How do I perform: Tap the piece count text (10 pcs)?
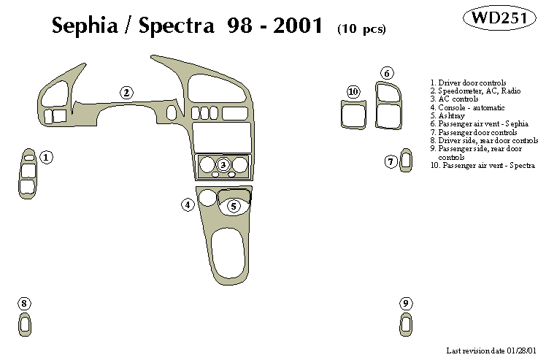click(361, 29)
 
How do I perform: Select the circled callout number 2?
click(126, 93)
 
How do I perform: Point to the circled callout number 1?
click(47, 157)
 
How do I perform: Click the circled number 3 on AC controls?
click(223, 165)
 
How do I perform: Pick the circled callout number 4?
click(188, 205)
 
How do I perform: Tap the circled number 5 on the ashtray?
click(234, 206)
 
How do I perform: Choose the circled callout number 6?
click(388, 73)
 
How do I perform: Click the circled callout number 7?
click(391, 161)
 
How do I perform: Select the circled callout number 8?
click(25, 303)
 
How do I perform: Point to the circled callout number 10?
click(353, 91)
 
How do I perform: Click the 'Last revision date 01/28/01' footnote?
click(495, 351)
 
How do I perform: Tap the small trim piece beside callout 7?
click(406, 161)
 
